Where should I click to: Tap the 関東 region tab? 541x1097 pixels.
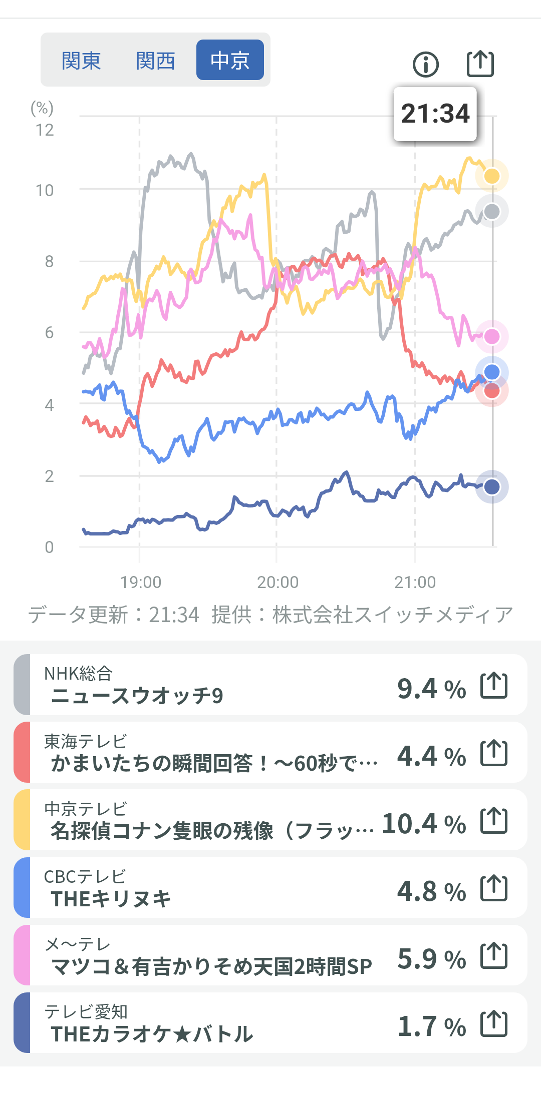(81, 61)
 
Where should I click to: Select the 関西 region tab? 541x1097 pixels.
(155, 61)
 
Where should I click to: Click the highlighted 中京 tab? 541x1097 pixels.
(230, 61)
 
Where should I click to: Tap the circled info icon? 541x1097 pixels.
(426, 64)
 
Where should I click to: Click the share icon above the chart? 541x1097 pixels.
(480, 64)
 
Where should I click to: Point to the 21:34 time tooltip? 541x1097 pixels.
(435, 114)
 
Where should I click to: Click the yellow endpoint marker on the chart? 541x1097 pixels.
(492, 176)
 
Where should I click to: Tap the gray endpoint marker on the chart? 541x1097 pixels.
(492, 212)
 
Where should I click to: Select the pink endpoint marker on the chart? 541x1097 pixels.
(492, 336)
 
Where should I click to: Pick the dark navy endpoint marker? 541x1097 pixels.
(492, 486)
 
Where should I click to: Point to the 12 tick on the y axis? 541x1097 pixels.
(45, 130)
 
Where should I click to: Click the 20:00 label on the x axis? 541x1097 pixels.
(278, 582)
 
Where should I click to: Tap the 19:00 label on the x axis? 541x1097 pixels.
(141, 582)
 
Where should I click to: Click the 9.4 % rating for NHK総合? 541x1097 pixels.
(431, 689)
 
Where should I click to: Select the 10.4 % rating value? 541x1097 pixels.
(424, 824)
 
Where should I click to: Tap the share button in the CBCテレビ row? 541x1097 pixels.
(494, 888)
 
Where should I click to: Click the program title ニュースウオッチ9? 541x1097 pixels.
(137, 696)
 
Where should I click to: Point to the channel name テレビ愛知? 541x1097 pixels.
(86, 1011)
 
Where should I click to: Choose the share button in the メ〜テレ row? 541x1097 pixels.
(494, 956)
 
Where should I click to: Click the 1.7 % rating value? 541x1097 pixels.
(431, 1026)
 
